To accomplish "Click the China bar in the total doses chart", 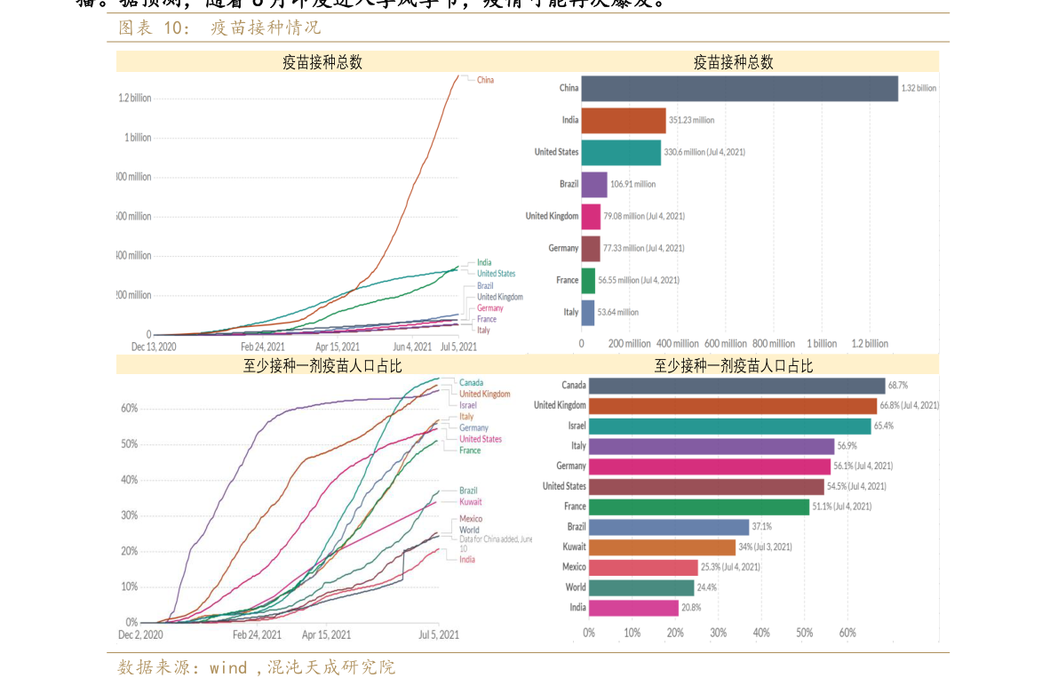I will coord(739,88).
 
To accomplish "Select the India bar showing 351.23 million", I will coord(624,120).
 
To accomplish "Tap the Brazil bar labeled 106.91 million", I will coord(594,184).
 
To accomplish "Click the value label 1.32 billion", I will coord(919,88).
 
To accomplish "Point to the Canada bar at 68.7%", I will coord(736,385).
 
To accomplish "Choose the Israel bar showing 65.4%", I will coord(729,426).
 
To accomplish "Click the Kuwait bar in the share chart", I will coord(662,546).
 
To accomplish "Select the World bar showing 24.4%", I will coord(640,587).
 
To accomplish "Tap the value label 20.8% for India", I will coord(691,608).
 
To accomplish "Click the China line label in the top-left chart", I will coord(485,80).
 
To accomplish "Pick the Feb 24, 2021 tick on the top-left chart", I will coord(262,347).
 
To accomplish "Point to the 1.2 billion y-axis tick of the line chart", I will coord(135,98).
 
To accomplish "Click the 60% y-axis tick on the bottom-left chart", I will coord(129,409).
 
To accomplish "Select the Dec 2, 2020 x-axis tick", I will coord(140,634).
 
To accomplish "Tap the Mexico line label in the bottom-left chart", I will coord(471,519).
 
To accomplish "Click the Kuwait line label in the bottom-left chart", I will coord(471,502).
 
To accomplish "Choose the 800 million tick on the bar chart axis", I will coord(774,344).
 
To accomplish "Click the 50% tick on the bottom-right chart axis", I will coord(804,633).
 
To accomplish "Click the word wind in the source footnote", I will coord(228,667).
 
